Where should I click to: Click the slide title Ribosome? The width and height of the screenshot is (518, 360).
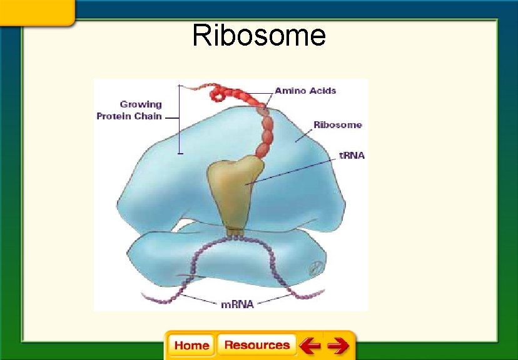(x=259, y=36)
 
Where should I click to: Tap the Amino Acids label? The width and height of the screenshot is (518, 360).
(x=305, y=91)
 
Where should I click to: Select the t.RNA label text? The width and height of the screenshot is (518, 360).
(x=352, y=156)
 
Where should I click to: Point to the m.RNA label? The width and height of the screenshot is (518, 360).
(x=238, y=305)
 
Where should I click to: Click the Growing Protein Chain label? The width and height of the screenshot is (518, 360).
(x=129, y=110)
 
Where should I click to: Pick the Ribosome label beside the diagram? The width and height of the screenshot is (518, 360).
(x=337, y=125)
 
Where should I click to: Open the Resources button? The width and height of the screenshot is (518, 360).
(x=256, y=345)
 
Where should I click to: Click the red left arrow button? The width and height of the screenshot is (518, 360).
(x=310, y=345)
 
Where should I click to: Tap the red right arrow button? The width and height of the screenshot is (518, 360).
(x=338, y=345)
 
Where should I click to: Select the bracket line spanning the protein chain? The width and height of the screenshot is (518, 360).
(x=180, y=119)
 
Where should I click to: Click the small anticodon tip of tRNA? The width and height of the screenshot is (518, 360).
(x=235, y=234)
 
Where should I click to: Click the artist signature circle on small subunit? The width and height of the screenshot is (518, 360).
(x=316, y=267)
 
